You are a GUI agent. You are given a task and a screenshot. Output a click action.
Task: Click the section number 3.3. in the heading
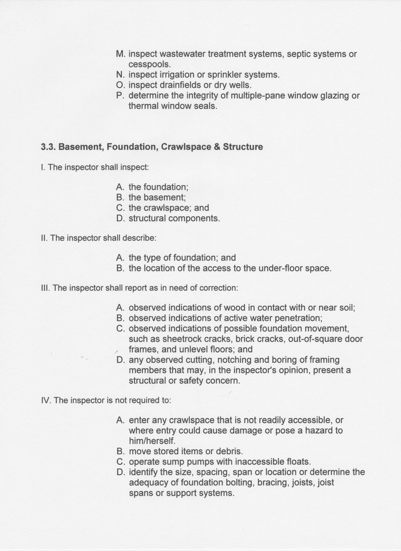click(x=49, y=147)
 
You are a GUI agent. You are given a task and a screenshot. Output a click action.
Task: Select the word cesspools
click(x=150, y=64)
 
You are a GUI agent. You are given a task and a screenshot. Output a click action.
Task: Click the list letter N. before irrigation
click(x=120, y=75)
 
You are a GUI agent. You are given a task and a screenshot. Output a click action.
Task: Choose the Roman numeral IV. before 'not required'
click(x=45, y=401)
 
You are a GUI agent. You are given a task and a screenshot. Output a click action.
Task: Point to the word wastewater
click(x=184, y=54)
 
